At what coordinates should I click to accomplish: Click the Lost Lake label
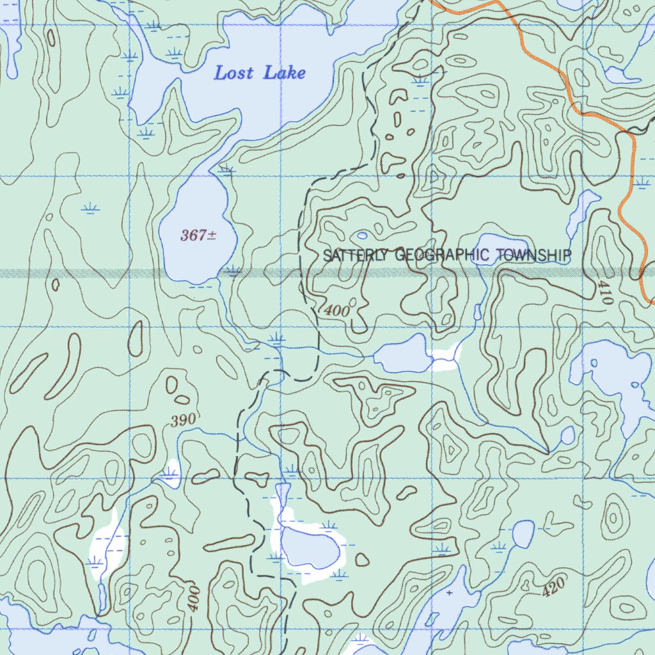point(259,73)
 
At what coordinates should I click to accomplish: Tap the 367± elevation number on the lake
point(198,235)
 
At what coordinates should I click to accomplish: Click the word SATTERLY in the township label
point(355,256)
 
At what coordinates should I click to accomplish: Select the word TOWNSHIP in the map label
point(533,255)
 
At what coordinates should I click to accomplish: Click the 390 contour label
point(185,420)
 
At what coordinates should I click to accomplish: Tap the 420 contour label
point(553,587)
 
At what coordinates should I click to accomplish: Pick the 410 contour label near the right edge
point(605,291)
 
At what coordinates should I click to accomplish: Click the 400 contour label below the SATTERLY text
point(337,311)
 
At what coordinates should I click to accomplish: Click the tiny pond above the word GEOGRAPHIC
point(363,235)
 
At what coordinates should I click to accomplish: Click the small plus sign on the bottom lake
point(450,593)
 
